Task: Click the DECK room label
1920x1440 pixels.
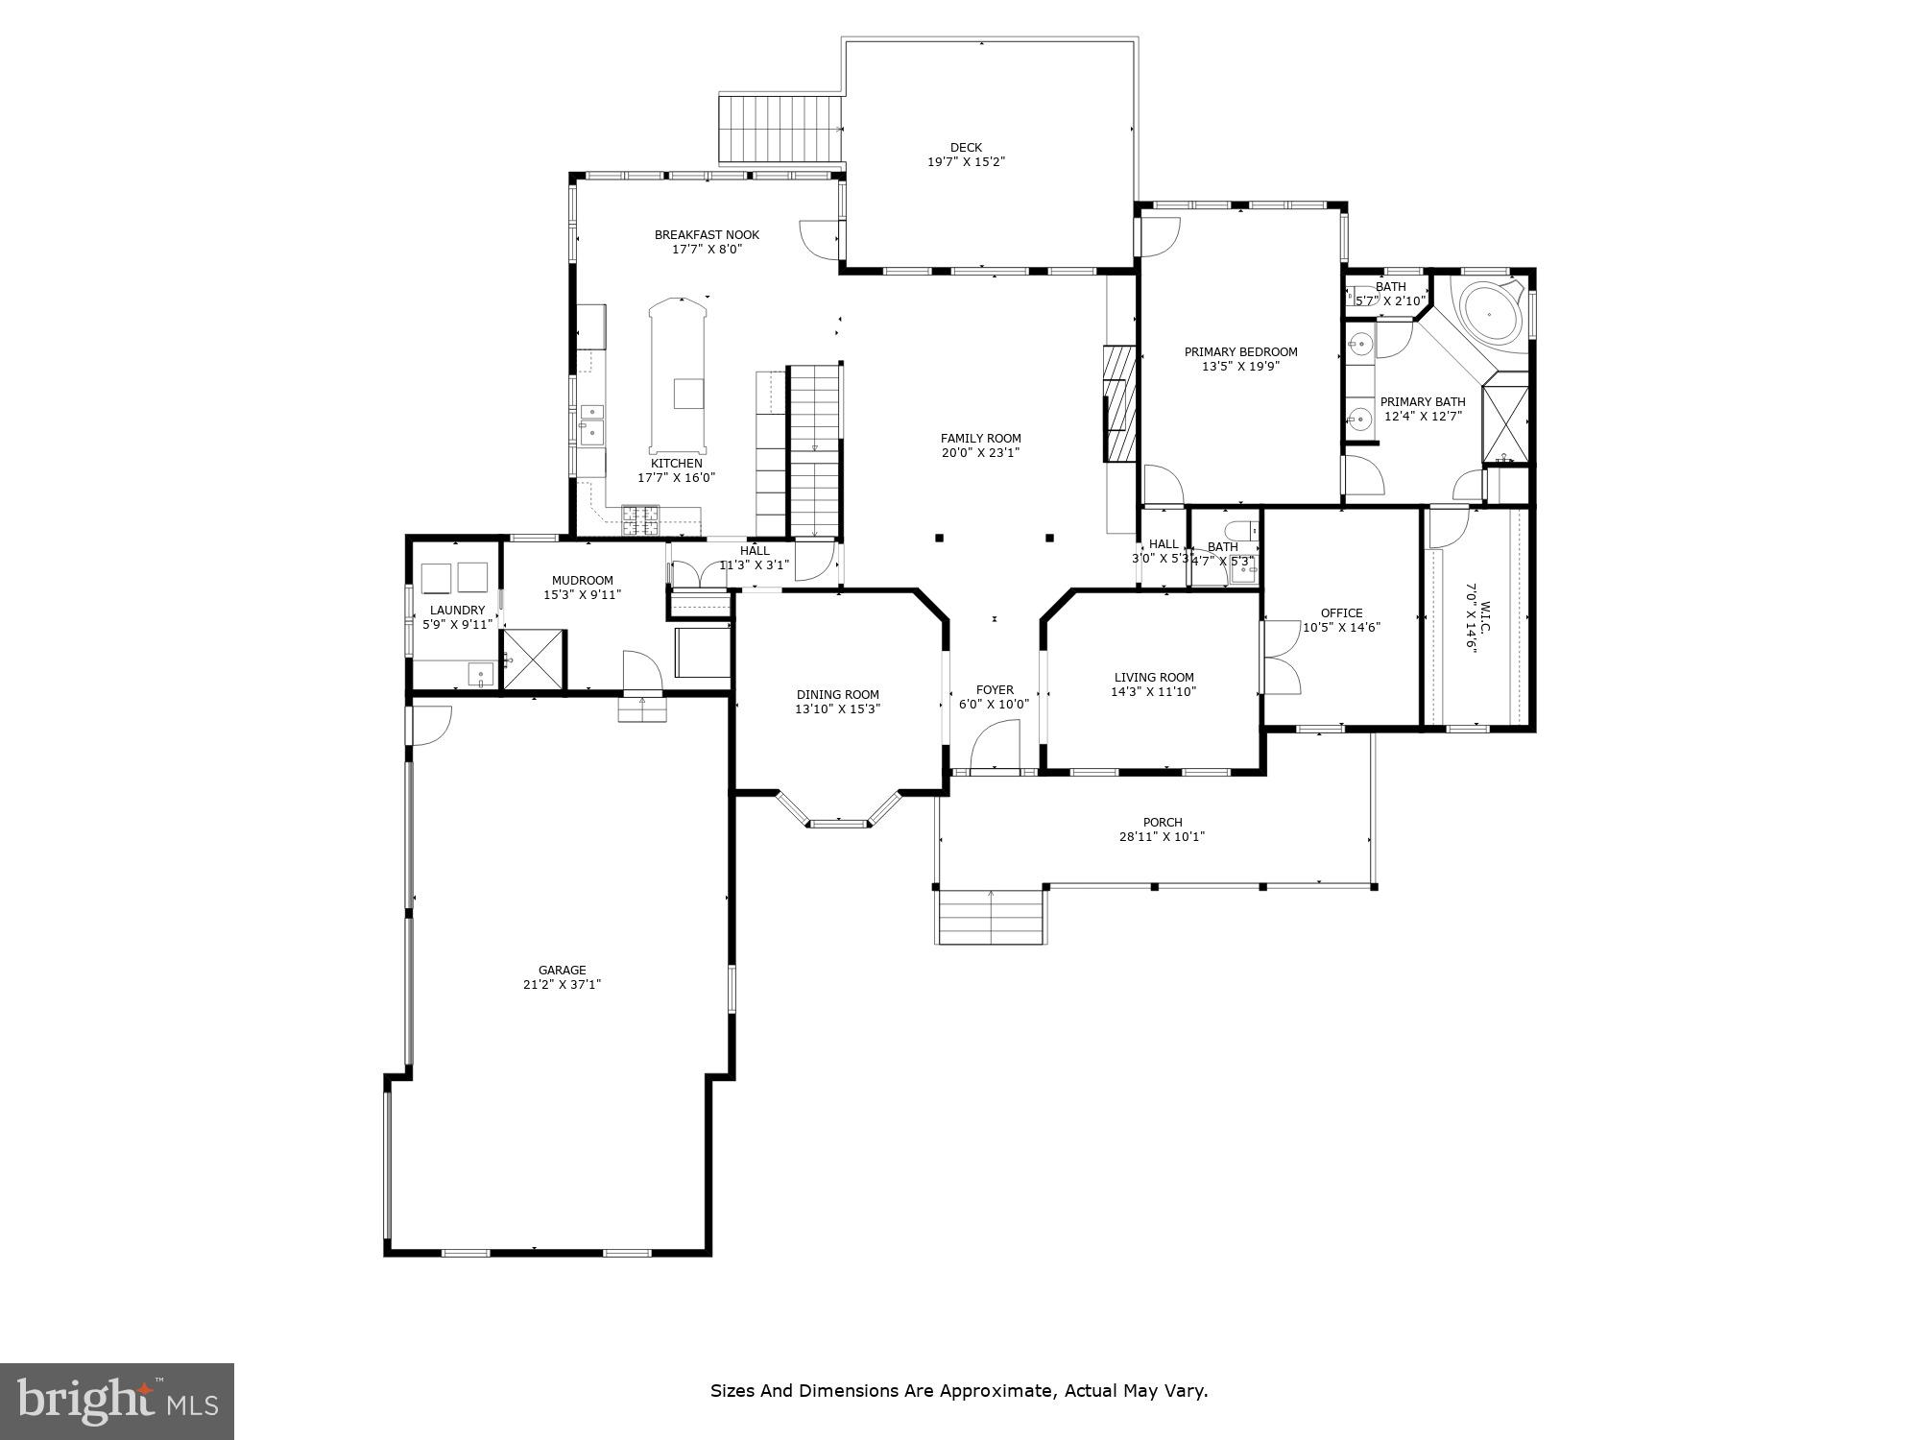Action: [966, 148]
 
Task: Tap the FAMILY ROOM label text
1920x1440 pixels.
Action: [980, 439]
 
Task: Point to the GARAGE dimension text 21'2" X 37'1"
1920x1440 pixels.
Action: [562, 984]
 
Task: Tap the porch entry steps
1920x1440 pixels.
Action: [990, 917]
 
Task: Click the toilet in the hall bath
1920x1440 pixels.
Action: [1244, 531]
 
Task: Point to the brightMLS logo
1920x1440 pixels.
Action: [117, 1402]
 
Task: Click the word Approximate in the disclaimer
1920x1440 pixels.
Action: [997, 1391]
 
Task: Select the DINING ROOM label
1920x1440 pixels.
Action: [837, 695]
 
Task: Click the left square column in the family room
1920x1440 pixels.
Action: [939, 538]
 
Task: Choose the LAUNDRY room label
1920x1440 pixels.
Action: [457, 611]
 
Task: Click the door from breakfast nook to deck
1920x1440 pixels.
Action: [822, 238]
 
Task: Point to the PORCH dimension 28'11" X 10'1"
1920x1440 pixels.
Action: [1162, 837]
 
